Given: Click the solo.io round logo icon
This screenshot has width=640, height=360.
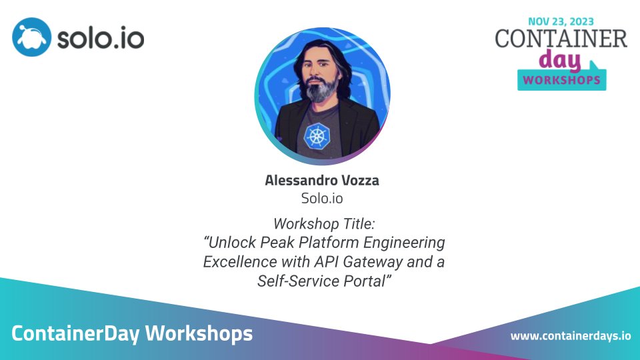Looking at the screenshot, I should tap(31, 37).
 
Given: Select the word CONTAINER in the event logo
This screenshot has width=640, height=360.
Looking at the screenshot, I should tap(561, 39).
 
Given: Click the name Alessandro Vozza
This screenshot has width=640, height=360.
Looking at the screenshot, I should tap(323, 180).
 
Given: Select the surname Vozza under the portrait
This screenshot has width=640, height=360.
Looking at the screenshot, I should tap(361, 180).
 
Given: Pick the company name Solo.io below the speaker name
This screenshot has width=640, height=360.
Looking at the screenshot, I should tap(323, 198).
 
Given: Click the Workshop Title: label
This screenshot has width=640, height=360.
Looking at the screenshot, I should tap(323, 223).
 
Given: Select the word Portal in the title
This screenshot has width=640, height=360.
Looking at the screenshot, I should tap(366, 281).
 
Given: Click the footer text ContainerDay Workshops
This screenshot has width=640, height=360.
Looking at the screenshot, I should tap(132, 333).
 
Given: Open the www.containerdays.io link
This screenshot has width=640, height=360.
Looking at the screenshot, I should tap(570, 335).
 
